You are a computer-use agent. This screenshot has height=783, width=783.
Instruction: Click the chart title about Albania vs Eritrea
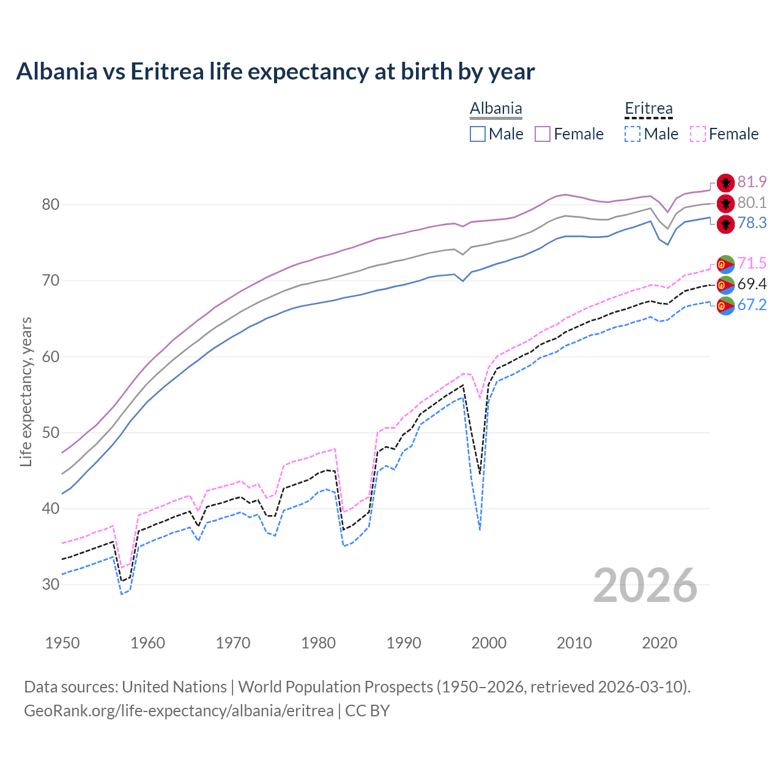pos(275,72)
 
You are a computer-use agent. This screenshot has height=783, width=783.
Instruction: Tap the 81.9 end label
pos(752,182)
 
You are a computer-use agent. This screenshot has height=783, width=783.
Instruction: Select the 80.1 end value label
pos(752,203)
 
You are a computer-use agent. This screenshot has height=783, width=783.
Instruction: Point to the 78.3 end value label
pos(752,223)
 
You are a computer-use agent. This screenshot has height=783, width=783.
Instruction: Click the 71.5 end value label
pos(752,264)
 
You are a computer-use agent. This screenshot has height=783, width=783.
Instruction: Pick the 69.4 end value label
pos(752,284)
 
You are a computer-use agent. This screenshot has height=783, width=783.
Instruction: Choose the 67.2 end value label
pos(752,305)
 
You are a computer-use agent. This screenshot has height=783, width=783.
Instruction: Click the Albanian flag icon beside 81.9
pos(725,182)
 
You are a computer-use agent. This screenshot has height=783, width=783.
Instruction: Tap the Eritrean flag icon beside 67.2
pos(725,305)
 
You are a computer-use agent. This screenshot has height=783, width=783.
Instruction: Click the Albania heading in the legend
pos(495,109)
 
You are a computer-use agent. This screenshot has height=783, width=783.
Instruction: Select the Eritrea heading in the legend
pos(648,109)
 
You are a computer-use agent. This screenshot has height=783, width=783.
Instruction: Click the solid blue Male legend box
pos(478,134)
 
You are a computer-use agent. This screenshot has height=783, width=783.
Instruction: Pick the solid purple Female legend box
pos(543,134)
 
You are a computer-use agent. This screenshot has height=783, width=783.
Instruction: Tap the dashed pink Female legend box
pos(698,134)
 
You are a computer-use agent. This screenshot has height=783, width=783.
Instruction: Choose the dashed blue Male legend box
pos(633,134)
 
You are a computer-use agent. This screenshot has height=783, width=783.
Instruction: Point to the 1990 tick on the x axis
pos(404,643)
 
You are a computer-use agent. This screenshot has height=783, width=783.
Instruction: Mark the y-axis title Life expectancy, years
pos(26,391)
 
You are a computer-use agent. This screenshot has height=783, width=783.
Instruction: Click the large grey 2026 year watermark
pos(645,585)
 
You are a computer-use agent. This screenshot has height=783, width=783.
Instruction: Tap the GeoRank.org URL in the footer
pos(179,711)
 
